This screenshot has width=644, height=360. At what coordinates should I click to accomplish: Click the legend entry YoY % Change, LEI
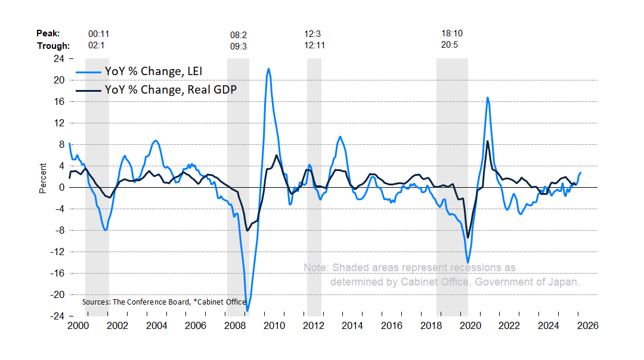[x=153, y=72]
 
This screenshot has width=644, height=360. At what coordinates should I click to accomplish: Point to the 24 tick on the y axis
[x=59, y=58]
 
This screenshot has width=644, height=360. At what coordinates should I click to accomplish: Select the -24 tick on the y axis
[x=57, y=316]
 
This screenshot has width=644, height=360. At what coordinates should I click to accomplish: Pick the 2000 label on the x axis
[x=78, y=326]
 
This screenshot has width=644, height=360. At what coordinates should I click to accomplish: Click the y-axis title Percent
[x=42, y=178]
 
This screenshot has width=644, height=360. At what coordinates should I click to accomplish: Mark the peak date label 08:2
[x=239, y=35]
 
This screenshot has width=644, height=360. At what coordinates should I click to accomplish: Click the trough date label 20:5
[x=451, y=45]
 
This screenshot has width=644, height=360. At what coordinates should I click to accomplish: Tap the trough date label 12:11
[x=314, y=45]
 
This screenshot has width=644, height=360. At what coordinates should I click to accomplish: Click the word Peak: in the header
[x=48, y=35]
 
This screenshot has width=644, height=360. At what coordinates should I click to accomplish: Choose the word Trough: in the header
[x=53, y=45]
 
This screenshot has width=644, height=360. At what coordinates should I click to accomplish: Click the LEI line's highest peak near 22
[x=268, y=69]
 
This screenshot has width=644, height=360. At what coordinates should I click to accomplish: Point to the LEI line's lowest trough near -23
[x=247, y=311]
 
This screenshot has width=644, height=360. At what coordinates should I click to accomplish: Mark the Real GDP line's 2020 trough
[x=467, y=237]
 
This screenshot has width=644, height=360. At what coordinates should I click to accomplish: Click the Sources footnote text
[x=164, y=302]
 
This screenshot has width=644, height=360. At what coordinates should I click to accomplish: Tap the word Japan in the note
[x=564, y=281]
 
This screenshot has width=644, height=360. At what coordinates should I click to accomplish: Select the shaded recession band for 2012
[x=314, y=179]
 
